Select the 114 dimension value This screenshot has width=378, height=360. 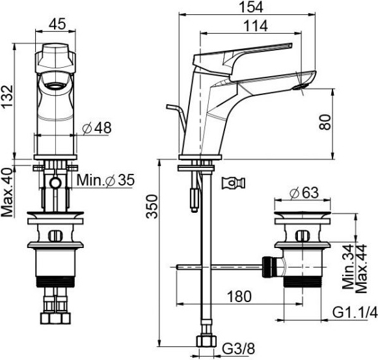(x=256, y=26)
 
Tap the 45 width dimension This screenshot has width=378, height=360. (x=57, y=24)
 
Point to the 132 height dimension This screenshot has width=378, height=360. (x=7, y=96)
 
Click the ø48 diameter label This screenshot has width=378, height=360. (x=97, y=128)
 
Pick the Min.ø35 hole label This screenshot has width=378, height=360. (x=105, y=180)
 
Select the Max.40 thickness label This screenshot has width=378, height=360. (x=7, y=192)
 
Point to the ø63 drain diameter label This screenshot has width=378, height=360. (x=304, y=193)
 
